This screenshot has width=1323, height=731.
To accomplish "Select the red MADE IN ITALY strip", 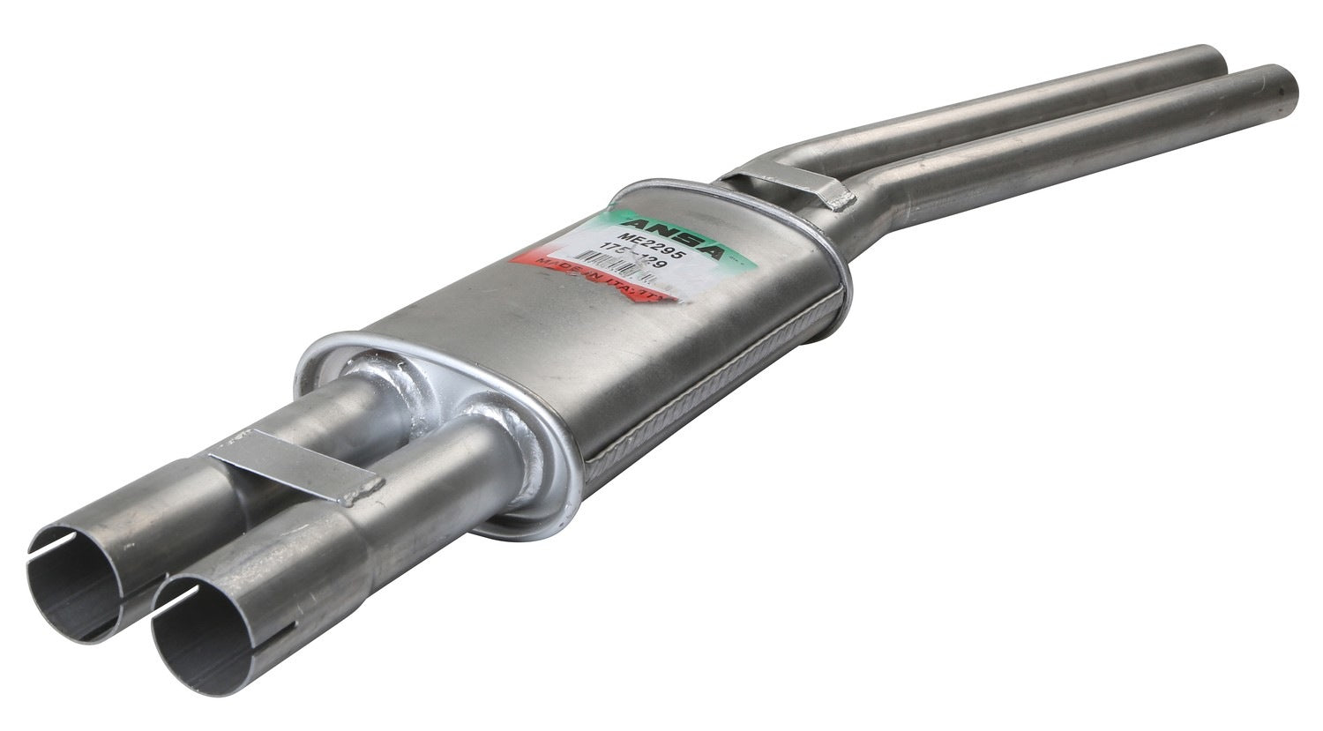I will pyautogui.click(x=600, y=280).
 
